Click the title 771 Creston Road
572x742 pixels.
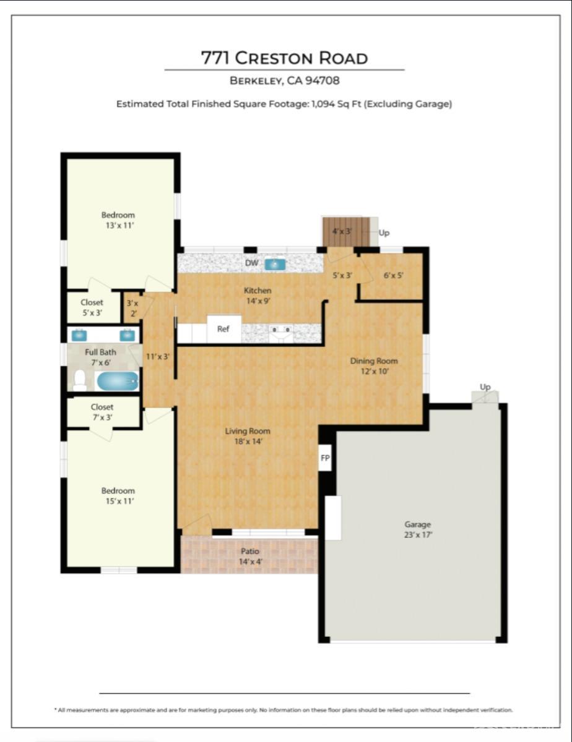[x=284, y=58]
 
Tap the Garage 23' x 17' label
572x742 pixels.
[x=418, y=529]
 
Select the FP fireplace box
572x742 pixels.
[x=325, y=458]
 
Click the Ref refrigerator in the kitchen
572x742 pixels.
[x=223, y=329]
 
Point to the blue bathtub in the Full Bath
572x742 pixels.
[x=117, y=381]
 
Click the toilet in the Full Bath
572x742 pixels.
[x=80, y=380]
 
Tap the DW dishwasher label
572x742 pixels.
[x=251, y=263]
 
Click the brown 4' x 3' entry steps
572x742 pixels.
[x=345, y=232]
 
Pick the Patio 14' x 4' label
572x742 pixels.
[x=249, y=556]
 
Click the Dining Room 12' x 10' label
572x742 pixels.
[x=374, y=366]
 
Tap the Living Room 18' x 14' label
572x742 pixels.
[x=248, y=436]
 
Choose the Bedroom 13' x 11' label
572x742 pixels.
[x=118, y=220]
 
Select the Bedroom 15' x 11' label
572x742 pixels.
[x=118, y=496]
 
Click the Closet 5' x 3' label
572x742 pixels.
[x=92, y=307]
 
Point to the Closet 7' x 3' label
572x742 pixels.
[x=102, y=412]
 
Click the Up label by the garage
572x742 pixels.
[x=485, y=387]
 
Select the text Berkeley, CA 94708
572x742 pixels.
[x=284, y=80]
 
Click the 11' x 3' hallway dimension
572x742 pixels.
[x=157, y=356]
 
